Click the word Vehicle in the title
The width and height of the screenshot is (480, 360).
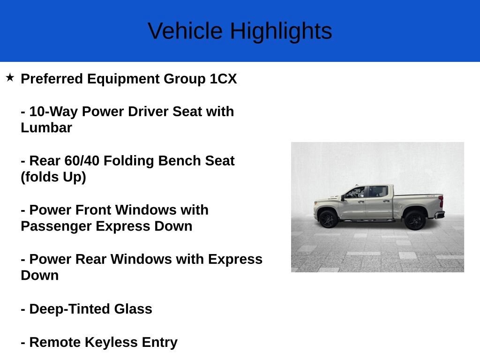click(x=185, y=30)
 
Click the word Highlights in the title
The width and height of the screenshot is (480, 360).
click(x=281, y=31)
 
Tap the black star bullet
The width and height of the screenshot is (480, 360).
click(x=10, y=77)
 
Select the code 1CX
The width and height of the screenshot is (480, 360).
click(x=223, y=79)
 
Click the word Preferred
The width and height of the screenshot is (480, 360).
click(x=52, y=79)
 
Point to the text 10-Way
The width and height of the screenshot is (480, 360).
click(x=53, y=112)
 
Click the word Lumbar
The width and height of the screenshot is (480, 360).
click(x=46, y=127)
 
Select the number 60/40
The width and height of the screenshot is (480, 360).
click(x=82, y=161)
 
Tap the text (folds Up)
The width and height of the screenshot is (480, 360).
click(x=53, y=177)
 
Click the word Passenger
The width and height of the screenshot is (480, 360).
click(x=56, y=226)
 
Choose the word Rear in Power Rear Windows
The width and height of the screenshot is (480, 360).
click(x=91, y=259)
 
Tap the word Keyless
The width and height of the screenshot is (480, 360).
click(x=111, y=342)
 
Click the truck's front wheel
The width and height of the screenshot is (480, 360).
click(x=328, y=218)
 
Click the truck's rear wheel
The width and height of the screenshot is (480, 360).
click(x=415, y=220)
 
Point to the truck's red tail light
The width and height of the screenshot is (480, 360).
click(x=441, y=202)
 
